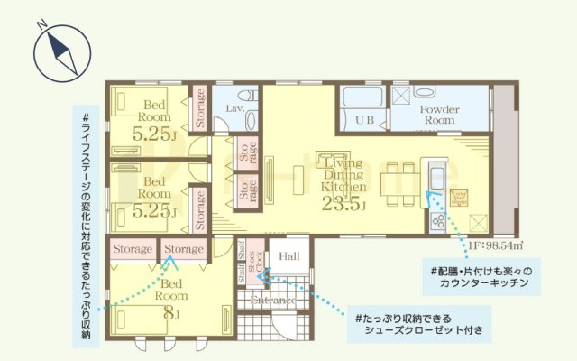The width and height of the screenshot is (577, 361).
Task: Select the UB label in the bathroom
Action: (x=364, y=120)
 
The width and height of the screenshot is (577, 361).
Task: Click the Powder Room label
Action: (x=441, y=114)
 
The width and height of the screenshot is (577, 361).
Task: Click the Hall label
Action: (x=289, y=257)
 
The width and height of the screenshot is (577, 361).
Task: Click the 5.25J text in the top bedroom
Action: (x=153, y=134)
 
